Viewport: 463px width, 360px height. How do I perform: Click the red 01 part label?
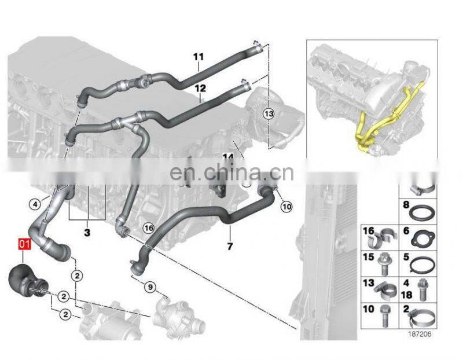[24, 244]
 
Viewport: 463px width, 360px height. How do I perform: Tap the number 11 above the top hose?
[199, 56]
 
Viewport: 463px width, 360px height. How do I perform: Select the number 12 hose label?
[200, 88]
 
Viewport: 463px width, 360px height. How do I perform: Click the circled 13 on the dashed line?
[269, 113]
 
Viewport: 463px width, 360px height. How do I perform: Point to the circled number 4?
[35, 204]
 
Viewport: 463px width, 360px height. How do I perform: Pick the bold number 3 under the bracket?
[87, 233]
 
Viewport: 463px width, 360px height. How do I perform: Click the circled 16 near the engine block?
[149, 228]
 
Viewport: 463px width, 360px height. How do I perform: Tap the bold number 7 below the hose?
[230, 246]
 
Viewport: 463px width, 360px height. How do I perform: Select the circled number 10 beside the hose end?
[286, 207]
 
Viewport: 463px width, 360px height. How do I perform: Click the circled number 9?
[150, 286]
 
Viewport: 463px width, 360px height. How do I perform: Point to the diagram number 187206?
[420, 334]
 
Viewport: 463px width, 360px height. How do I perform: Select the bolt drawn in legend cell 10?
[385, 316]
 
